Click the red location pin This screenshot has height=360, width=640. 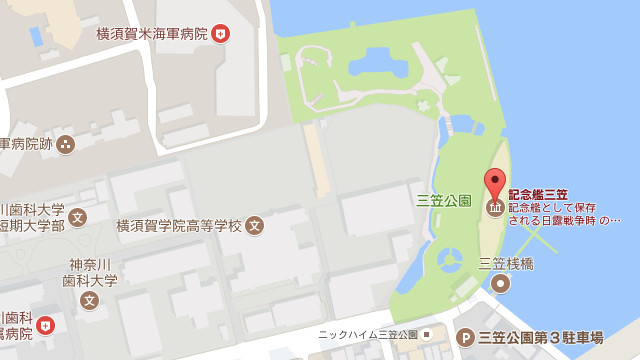pos(495,183)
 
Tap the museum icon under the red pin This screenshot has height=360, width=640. pos(495,207)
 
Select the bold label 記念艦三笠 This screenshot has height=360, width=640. pos(538,194)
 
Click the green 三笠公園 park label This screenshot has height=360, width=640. pos(444,199)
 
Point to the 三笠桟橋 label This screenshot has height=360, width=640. pos(506,264)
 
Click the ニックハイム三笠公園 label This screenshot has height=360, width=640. pos(367,335)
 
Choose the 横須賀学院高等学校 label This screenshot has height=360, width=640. pos(179,225)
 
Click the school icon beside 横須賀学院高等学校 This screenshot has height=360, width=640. pos(255,225)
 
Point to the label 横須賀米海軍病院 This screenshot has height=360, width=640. pos(151,34)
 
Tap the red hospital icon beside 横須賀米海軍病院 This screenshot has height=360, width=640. pos(221,34)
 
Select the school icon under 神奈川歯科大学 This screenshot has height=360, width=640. pos(90,299)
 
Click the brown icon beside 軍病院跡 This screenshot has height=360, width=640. pos(66,144)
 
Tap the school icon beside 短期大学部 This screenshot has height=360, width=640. pos(78,217)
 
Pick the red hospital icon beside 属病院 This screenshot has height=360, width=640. pos(45,326)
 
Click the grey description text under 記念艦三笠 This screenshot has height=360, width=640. pos(564,213)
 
